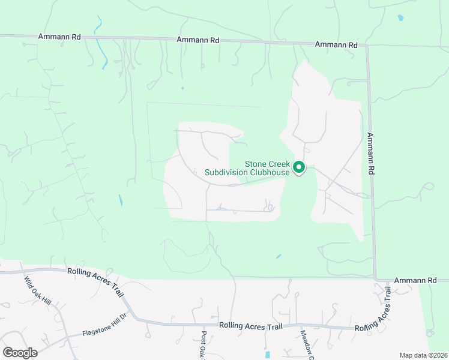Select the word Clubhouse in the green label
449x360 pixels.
(268, 173)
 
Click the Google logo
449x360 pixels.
(20, 353)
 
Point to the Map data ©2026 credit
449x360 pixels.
(422, 355)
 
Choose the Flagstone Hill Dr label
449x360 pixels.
(105, 325)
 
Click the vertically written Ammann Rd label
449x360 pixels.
(371, 154)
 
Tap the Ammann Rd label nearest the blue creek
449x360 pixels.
(59, 37)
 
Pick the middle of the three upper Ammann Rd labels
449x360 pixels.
(198, 40)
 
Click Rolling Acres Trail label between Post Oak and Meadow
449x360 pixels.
(250, 326)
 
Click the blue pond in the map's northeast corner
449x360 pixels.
(400, 18)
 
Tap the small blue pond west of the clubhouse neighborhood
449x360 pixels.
(121, 200)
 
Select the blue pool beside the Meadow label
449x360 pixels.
(268, 355)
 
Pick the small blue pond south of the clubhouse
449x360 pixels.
(278, 257)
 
